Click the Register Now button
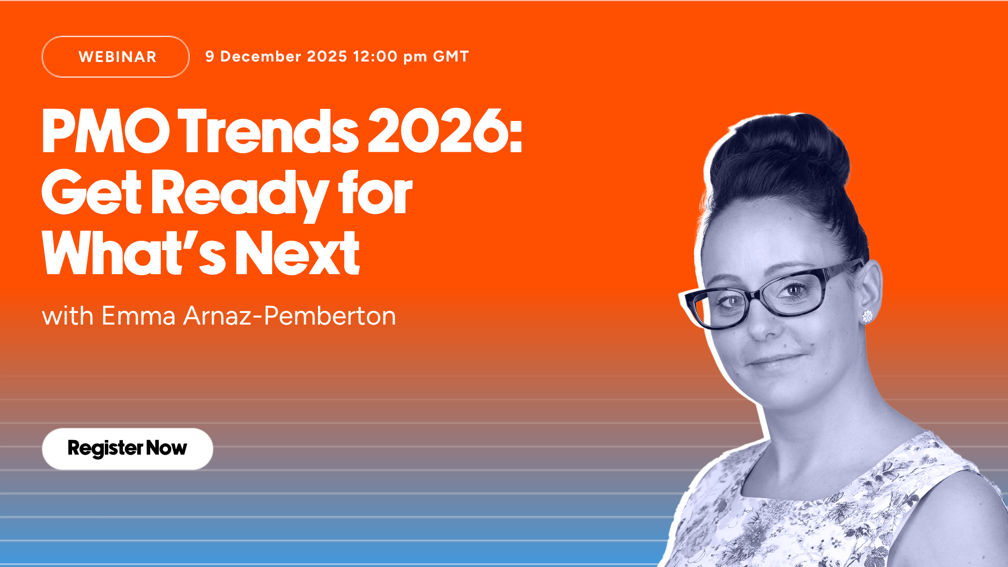(128, 449)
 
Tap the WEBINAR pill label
(115, 56)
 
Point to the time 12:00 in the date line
(375, 56)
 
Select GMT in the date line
(451, 56)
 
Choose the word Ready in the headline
(239, 194)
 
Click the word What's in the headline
(134, 252)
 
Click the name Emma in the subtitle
(138, 316)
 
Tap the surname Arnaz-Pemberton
(290, 316)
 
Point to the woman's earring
(867, 317)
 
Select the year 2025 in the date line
(327, 56)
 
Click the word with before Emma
(68, 316)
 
